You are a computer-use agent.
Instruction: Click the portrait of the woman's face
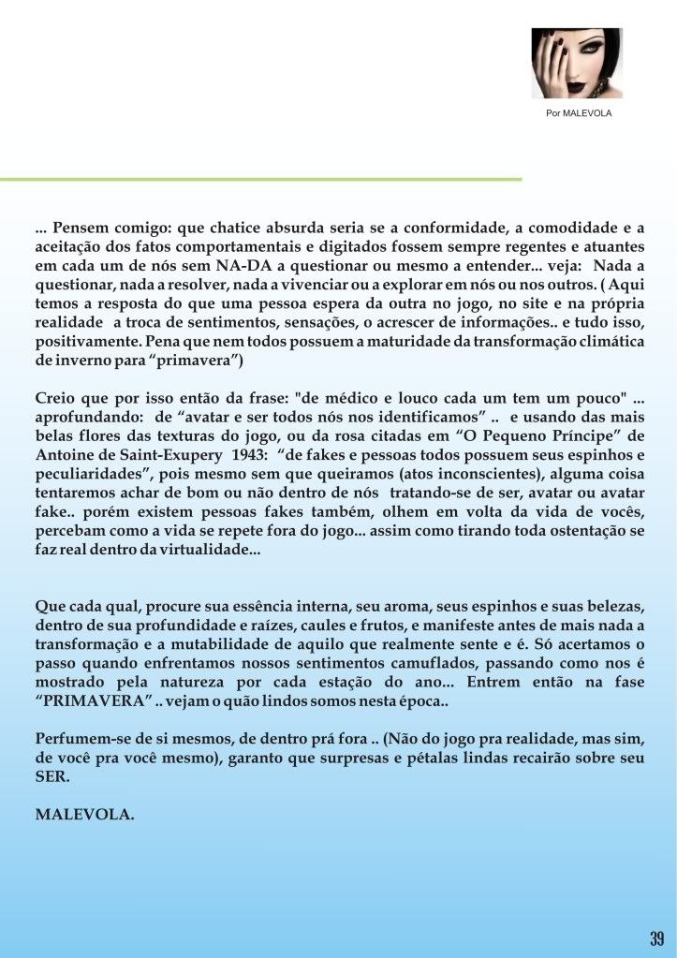pos(576,63)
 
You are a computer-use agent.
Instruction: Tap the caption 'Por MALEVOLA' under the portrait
pos(578,113)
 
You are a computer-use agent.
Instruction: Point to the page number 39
pos(656,938)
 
